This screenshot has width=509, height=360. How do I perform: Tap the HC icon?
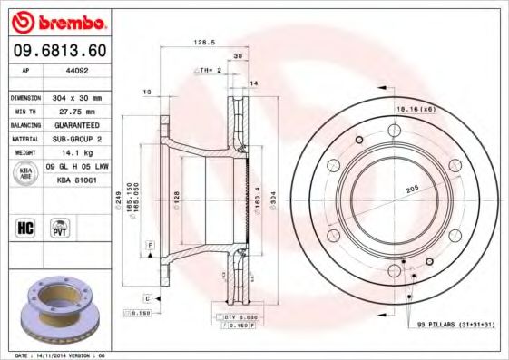click(x=25, y=227)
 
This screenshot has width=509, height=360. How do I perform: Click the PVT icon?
click(x=60, y=227)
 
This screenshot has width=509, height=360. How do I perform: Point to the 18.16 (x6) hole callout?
click(x=415, y=108)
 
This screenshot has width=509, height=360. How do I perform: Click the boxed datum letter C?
click(x=146, y=297)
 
